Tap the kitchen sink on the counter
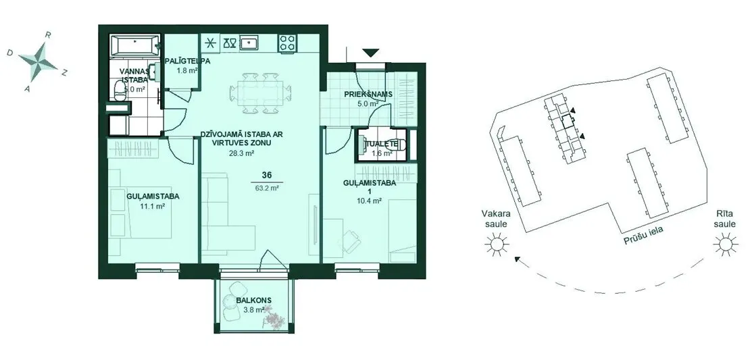coord(250,43)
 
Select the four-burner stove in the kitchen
coord(287,43)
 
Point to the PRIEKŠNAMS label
coord(368,94)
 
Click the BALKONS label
coord(253,301)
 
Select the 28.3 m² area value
coord(241,153)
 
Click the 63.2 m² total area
coord(268,188)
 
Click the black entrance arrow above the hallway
coord(370,53)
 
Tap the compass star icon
coord(38,61)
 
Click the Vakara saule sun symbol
coord(495,245)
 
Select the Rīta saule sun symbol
coord(725,245)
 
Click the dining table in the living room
coord(260,93)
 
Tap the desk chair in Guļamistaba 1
coord(351,239)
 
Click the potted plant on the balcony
coord(274,318)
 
